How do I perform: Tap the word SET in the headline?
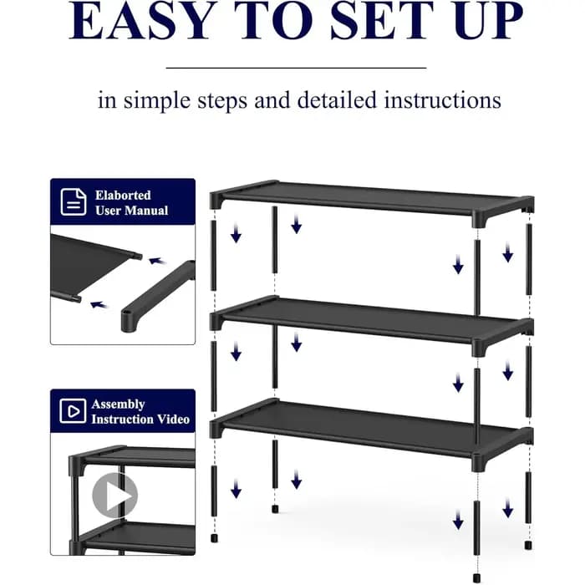(382, 21)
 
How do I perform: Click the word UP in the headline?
(489, 21)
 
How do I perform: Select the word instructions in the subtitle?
(442, 100)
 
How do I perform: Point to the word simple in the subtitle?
(157, 101)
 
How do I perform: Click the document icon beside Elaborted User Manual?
(74, 202)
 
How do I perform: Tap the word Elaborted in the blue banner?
(123, 195)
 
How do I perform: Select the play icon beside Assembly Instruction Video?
(73, 411)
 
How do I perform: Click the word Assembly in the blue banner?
(119, 404)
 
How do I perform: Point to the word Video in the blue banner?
(173, 420)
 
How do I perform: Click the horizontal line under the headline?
(296, 68)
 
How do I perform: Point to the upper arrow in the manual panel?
(157, 261)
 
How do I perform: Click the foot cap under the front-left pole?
(214, 538)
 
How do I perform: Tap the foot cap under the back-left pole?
(275, 508)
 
